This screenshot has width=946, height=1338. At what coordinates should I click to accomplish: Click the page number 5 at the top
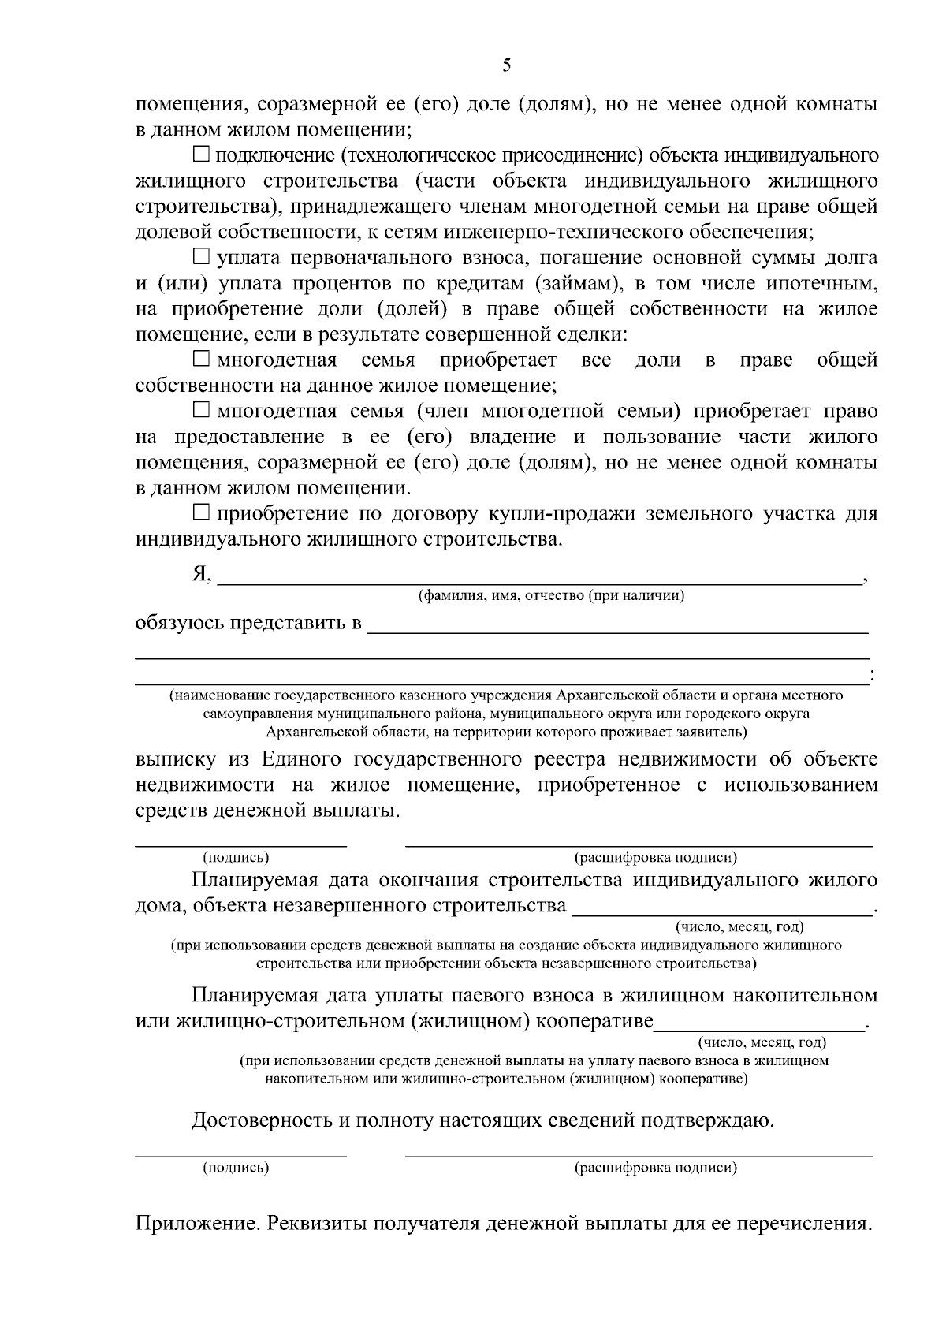[506, 65]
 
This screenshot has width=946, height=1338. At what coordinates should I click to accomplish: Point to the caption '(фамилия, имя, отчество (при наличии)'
[550, 596]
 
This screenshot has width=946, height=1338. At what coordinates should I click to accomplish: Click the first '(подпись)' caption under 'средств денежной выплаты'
[236, 858]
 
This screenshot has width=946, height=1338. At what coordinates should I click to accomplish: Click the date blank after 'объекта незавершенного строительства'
[722, 907]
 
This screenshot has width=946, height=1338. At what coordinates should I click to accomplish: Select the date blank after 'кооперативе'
[760, 1023]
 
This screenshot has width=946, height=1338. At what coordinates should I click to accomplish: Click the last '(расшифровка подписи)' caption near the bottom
[656, 1168]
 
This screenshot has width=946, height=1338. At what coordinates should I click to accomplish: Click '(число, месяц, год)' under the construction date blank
[739, 927]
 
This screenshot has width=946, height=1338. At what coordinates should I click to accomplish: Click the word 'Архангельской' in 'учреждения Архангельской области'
[605, 695]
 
